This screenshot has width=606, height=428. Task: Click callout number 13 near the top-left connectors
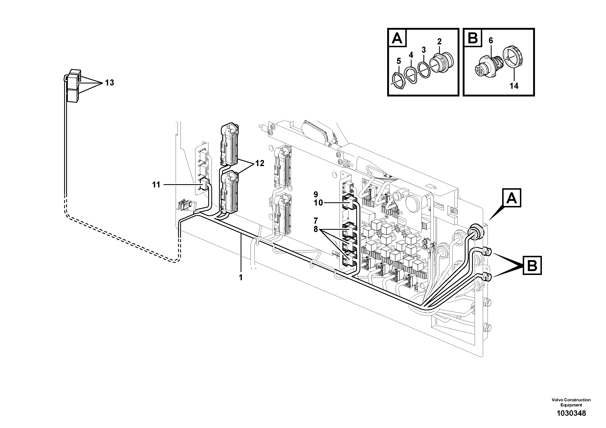[x=109, y=83]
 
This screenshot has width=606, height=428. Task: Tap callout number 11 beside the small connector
[x=156, y=185]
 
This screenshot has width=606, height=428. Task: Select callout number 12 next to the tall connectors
[x=260, y=163]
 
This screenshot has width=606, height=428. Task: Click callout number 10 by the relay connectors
[x=318, y=203]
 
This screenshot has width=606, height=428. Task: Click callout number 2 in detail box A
[x=439, y=42]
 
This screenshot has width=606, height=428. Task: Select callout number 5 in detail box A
[x=399, y=61]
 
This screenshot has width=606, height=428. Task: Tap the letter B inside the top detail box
[x=472, y=38]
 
